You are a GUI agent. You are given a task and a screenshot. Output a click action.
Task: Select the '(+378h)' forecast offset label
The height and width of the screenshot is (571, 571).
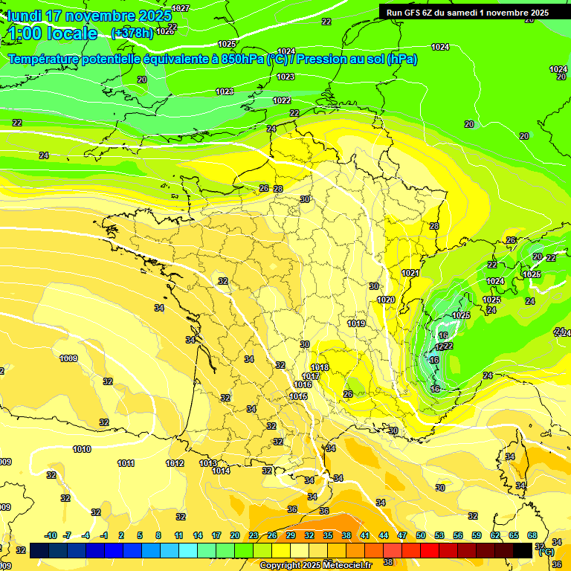[132, 33]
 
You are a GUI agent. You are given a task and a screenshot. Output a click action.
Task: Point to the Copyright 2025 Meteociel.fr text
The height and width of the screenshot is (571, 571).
[316, 565]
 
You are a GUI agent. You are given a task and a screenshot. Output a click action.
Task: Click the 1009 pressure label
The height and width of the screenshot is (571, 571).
[68, 359]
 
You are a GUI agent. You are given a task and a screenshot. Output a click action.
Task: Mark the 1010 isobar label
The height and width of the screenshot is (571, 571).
[82, 450]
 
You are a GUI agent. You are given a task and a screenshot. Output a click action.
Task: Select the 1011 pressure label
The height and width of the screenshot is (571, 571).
[126, 464]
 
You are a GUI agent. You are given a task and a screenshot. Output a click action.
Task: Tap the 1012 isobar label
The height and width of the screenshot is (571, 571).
[175, 464]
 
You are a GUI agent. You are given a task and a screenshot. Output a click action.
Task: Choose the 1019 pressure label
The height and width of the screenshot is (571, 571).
[356, 323]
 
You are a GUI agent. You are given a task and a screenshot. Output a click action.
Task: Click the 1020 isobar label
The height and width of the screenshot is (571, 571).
[386, 300]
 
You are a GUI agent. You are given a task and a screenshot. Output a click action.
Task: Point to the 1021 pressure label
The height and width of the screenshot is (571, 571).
[410, 273]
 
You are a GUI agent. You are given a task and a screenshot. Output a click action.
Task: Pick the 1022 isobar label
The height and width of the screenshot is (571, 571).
[282, 100]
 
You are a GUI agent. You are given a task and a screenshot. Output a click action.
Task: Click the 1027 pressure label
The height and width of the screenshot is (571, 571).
[181, 8]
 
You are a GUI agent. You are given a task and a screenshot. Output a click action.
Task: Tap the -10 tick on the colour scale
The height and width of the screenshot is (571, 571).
[51, 535]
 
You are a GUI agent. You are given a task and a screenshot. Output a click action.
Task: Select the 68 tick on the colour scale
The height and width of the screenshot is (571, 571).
[532, 535]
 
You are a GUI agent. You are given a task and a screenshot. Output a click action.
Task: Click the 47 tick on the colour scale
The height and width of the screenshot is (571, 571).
[402, 535]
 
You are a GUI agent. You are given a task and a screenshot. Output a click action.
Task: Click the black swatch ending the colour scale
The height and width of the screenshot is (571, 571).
[523, 550]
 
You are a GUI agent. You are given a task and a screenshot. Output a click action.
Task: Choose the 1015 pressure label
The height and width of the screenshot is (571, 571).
[299, 397]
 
